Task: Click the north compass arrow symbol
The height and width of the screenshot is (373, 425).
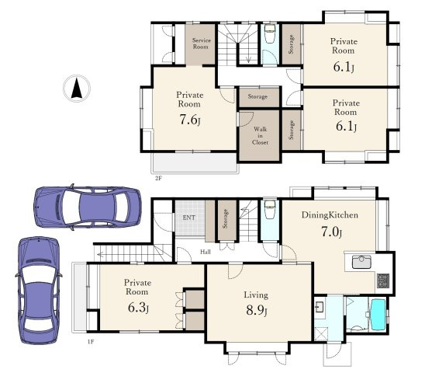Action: pyautogui.click(x=77, y=89)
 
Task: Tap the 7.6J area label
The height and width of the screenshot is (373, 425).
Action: pyautogui.click(x=190, y=120)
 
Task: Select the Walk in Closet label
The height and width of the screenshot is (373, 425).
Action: pyautogui.click(x=260, y=135)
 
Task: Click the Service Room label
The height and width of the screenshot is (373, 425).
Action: pyautogui.click(x=201, y=44)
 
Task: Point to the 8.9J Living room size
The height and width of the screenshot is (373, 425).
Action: pyautogui.click(x=257, y=310)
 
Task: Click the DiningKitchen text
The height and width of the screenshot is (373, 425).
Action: pyautogui.click(x=330, y=215)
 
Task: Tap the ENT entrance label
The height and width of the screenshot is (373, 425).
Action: pyautogui.click(x=189, y=218)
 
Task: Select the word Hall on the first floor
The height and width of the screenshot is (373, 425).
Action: pyautogui.click(x=206, y=252)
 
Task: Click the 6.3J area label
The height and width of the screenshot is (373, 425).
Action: pyautogui.click(x=138, y=308)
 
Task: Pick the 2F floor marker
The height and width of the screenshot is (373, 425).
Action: pyautogui.click(x=158, y=179)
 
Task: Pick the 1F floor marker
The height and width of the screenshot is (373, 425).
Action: pyautogui.click(x=91, y=342)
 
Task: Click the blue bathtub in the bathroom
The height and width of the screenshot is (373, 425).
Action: pyautogui.click(x=378, y=315)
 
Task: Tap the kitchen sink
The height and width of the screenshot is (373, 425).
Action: pyautogui.click(x=361, y=262)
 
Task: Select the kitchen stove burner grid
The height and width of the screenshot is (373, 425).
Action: pyautogui.click(x=383, y=281)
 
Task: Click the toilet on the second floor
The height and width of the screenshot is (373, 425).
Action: pyautogui.click(x=270, y=34)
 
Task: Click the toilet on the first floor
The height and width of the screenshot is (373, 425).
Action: pyautogui.click(x=270, y=209)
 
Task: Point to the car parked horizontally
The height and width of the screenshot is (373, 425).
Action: pyautogui.click(x=88, y=207)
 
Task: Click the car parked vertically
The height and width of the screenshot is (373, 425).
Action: pyautogui.click(x=39, y=290)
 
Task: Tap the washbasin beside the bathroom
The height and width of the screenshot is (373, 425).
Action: pyautogui.click(x=320, y=307)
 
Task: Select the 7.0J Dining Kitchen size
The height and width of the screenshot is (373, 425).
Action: pyautogui.click(x=331, y=232)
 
